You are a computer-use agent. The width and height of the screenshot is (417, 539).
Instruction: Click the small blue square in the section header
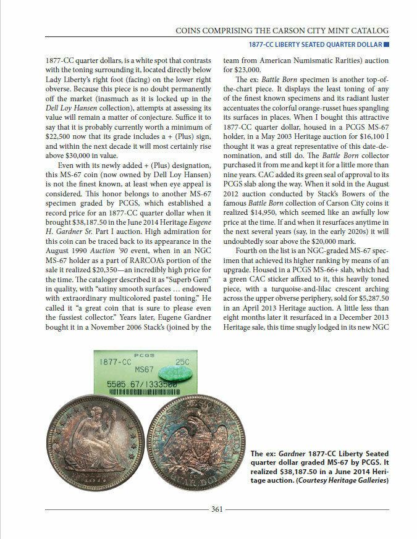(386, 44)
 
